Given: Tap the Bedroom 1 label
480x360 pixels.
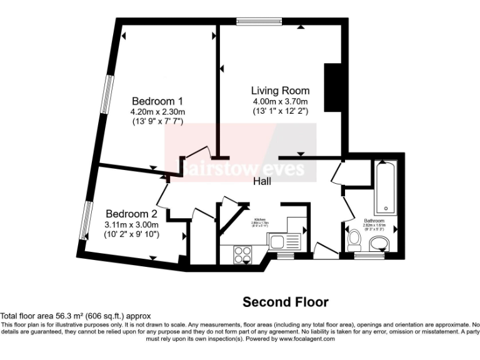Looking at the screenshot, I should [157, 101].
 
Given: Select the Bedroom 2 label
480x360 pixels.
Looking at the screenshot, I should [131, 213].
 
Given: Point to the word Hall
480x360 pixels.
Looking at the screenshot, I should [263, 181].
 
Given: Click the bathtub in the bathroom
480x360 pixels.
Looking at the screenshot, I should [384, 187].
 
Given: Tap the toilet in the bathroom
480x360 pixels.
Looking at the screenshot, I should [354, 238].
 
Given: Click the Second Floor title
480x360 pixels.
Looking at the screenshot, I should [285, 302].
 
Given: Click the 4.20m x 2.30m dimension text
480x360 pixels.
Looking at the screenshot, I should [157, 112].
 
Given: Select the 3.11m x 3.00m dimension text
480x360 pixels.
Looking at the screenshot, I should [131, 224].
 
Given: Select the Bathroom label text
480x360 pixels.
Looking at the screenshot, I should [376, 220].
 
